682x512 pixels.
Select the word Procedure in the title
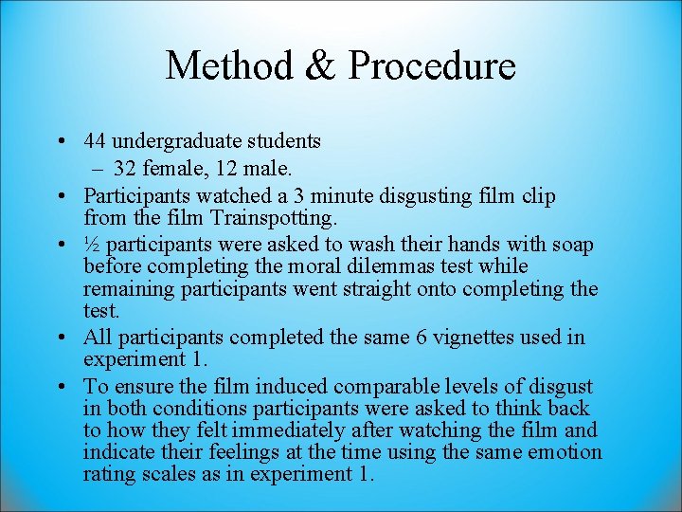coord(431,66)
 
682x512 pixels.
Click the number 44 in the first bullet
coord(94,142)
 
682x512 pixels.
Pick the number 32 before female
coord(125,169)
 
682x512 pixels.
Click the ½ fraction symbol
coord(91,245)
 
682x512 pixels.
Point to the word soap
coord(574,245)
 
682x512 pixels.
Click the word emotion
coord(565,452)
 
